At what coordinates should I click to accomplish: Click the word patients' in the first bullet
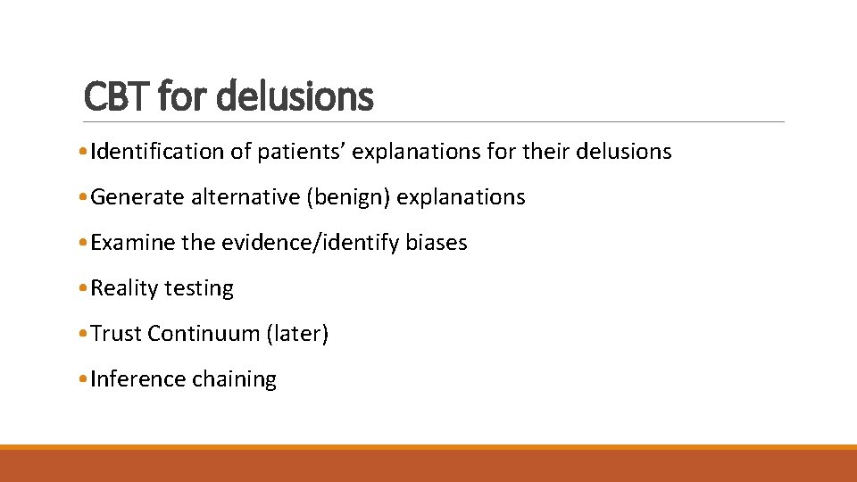coord(302,152)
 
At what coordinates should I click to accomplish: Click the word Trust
coord(116,334)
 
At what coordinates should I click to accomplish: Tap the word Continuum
coord(204,334)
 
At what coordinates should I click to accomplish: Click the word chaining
coord(234,379)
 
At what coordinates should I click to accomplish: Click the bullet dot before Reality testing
coord(83,289)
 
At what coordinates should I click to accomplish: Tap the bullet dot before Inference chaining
coord(83,380)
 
